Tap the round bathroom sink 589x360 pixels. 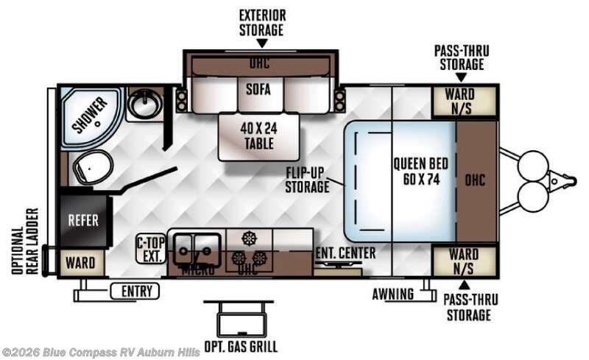pyautogui.click(x=144, y=105)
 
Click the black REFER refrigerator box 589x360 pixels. pyautogui.click(x=83, y=220)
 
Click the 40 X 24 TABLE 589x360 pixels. pyautogui.click(x=258, y=134)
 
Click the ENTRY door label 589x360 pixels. pyautogui.click(x=135, y=292)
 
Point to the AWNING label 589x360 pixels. pyautogui.click(x=392, y=294)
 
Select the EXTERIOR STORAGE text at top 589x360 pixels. pyautogui.click(x=261, y=22)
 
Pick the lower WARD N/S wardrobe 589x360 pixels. pyautogui.click(x=464, y=261)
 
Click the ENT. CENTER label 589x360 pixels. pyautogui.click(x=345, y=253)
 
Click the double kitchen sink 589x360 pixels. pyautogui.click(x=196, y=246)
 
